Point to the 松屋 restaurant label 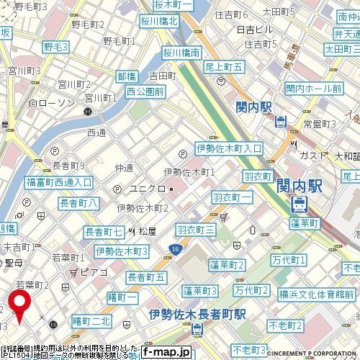pyautogui.click(x=147, y=231)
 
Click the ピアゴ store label pyautogui.click(x=94, y=273)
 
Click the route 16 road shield pyautogui.click(x=176, y=248)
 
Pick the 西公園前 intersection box pyautogui.click(x=145, y=91)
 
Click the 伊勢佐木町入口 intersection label pyautogui.click(x=230, y=148)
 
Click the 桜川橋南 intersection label pyautogui.click(x=180, y=53)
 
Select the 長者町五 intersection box pyautogui.click(x=146, y=277)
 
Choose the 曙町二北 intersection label pyautogui.click(x=91, y=320)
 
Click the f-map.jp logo pyautogui.click(x=166, y=351)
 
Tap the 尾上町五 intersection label pyautogui.click(x=225, y=66)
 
